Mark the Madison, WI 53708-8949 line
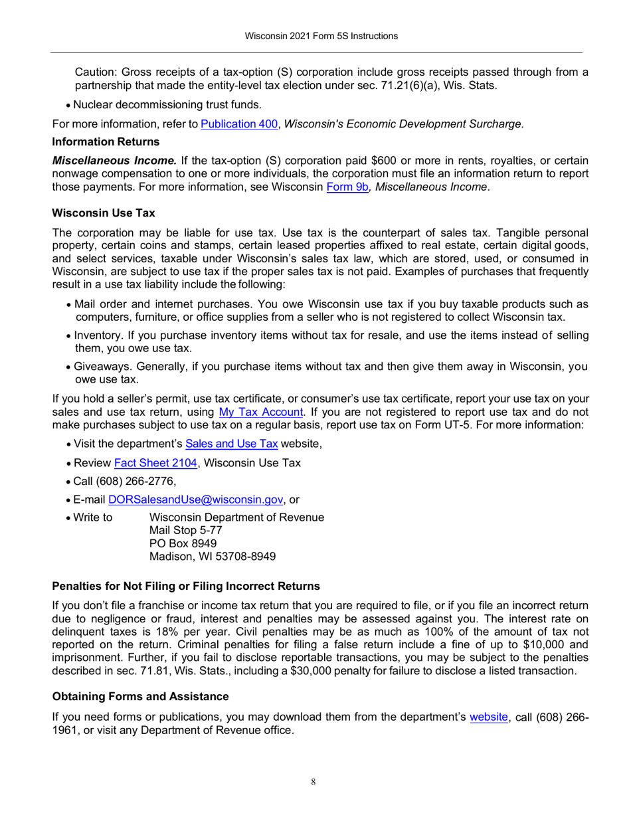(213, 557)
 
